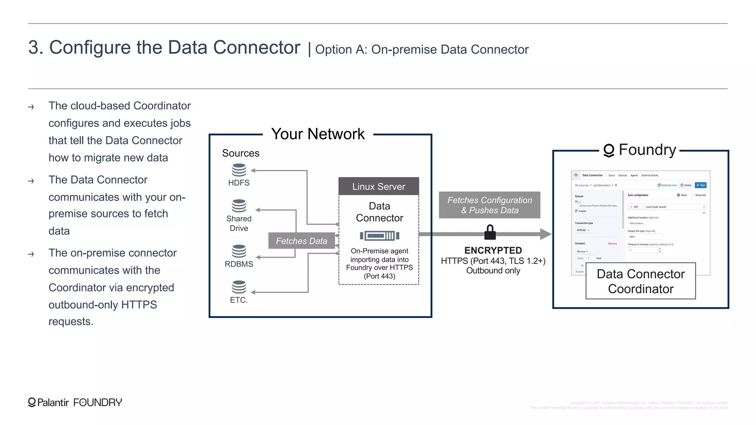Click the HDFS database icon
point(239,170)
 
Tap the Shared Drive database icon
point(239,206)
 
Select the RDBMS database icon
point(239,251)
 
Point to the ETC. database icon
point(239,287)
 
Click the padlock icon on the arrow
point(490,232)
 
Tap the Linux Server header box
point(378,186)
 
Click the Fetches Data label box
point(302,241)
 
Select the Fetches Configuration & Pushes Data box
point(489,205)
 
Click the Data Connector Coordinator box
point(640,281)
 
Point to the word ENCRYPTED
point(493,250)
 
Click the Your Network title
point(318,134)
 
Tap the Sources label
point(241,153)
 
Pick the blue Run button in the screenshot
point(700,185)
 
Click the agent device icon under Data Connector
point(379,236)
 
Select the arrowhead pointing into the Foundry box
point(545,234)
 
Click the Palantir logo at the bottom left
point(32,402)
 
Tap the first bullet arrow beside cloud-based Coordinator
point(31,107)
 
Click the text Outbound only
point(493,271)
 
